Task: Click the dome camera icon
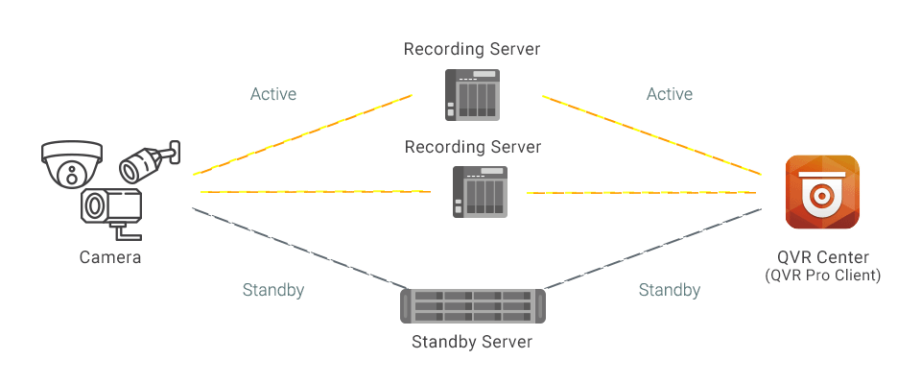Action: (x=71, y=164)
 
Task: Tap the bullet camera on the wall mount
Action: (x=149, y=161)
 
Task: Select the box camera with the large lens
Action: (x=110, y=208)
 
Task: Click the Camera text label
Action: (x=110, y=257)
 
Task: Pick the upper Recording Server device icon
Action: (x=472, y=94)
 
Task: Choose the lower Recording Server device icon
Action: (x=478, y=191)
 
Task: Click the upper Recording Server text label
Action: (x=472, y=48)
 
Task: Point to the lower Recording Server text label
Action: (x=473, y=147)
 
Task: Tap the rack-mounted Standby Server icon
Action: (x=472, y=306)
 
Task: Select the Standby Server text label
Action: (x=472, y=342)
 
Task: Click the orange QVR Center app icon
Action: (x=822, y=193)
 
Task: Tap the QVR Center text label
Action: (x=823, y=257)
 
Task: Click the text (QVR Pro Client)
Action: (x=823, y=276)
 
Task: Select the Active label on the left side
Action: (x=273, y=94)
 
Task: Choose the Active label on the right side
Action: (x=670, y=94)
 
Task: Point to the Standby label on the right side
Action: (x=670, y=289)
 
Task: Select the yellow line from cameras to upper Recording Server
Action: (x=302, y=135)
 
